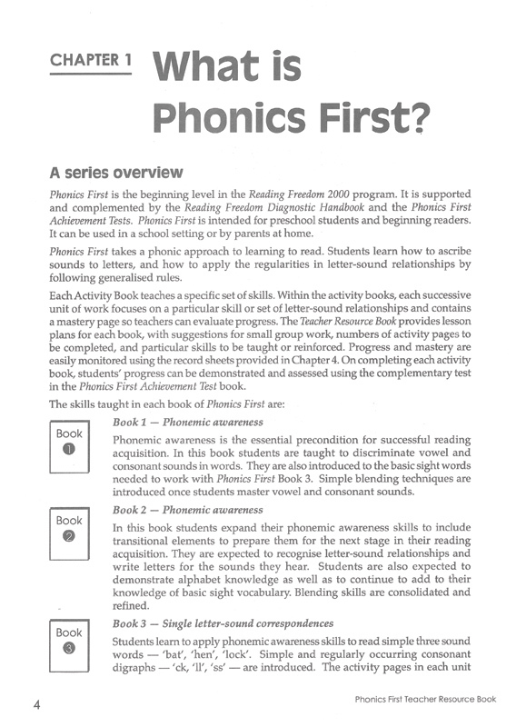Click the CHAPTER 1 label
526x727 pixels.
(x=91, y=62)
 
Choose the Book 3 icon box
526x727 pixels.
(x=69, y=640)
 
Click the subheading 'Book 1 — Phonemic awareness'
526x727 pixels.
(x=189, y=423)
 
